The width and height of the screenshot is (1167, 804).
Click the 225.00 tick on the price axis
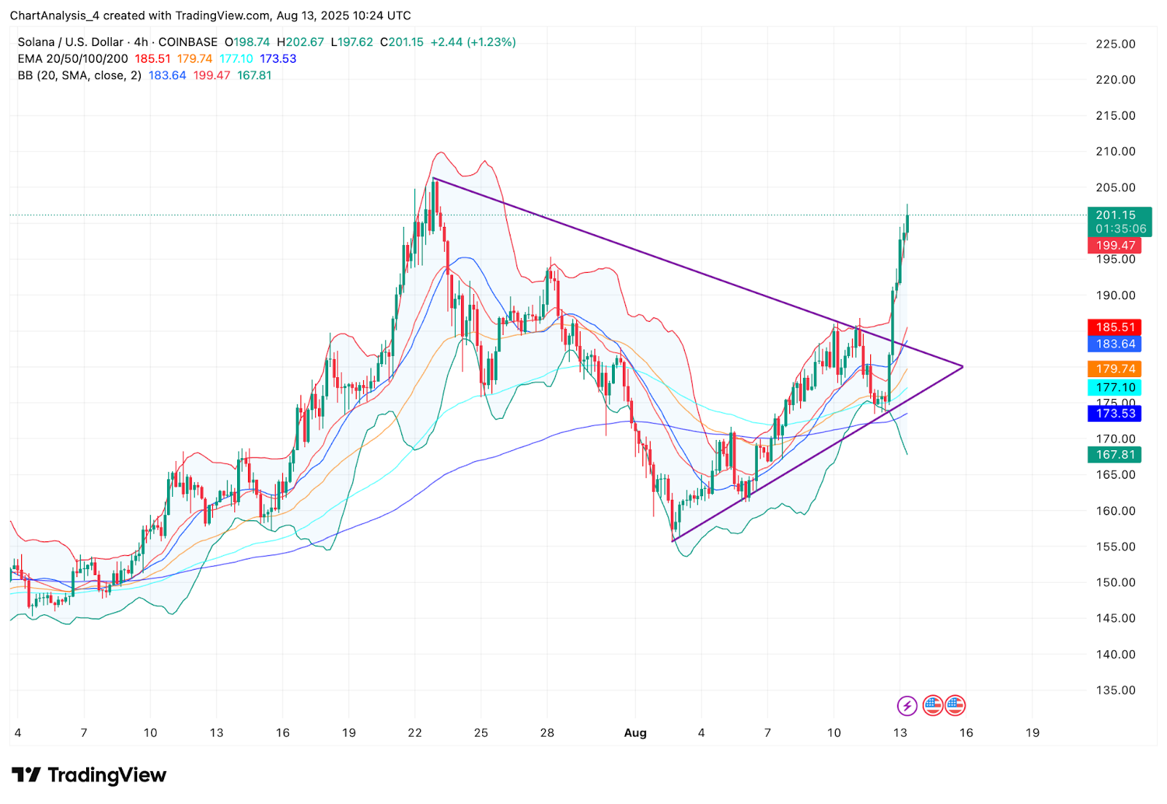[x=1115, y=44]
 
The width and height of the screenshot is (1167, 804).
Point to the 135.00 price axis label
[x=1115, y=690]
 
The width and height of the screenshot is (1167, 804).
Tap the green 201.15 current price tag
[x=1119, y=215]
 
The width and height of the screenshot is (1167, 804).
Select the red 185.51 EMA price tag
[x=1115, y=328]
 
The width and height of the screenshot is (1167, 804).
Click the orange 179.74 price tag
[x=1115, y=369]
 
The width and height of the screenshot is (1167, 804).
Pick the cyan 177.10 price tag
[x=1115, y=387]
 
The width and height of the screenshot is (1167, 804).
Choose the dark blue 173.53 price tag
[x=1115, y=414]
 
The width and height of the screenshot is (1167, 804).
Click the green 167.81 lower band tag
[x=1115, y=455]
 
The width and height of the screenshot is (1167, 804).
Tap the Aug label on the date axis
[x=635, y=733]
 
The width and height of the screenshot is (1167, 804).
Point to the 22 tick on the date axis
[x=414, y=733]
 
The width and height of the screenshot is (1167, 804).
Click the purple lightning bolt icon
[x=907, y=706]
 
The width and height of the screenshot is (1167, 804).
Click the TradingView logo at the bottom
[x=89, y=775]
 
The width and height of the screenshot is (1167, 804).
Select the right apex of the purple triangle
[x=963, y=366]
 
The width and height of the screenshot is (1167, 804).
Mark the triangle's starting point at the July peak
[x=434, y=178]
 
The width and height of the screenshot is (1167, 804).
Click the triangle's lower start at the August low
[x=672, y=541]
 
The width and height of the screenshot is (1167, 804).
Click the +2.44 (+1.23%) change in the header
[x=473, y=42]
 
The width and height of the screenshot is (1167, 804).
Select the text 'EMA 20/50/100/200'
[x=73, y=59]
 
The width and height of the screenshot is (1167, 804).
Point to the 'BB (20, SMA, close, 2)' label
[x=80, y=75]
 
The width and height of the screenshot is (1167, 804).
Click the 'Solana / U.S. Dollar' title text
[x=71, y=42]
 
